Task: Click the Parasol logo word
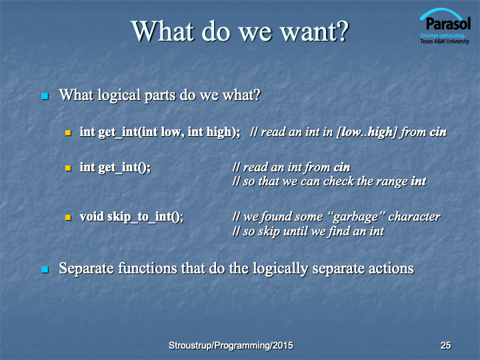pyautogui.click(x=448, y=24)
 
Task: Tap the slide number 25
pyautogui.click(x=445, y=345)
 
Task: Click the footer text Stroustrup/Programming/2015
pyautogui.click(x=231, y=345)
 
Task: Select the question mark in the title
pyautogui.click(x=343, y=31)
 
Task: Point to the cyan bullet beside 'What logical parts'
pyautogui.click(x=45, y=96)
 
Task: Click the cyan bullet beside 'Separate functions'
pyautogui.click(x=45, y=269)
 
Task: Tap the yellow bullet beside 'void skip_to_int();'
pyautogui.click(x=68, y=217)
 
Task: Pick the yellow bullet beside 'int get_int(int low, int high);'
pyautogui.click(x=68, y=133)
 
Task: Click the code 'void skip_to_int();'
pyautogui.click(x=131, y=217)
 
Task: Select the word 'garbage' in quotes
pyautogui.click(x=355, y=217)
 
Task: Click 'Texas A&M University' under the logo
pyautogui.click(x=445, y=41)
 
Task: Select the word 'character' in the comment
pyautogui.click(x=414, y=217)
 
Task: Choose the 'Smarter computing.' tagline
pyautogui.click(x=443, y=35)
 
